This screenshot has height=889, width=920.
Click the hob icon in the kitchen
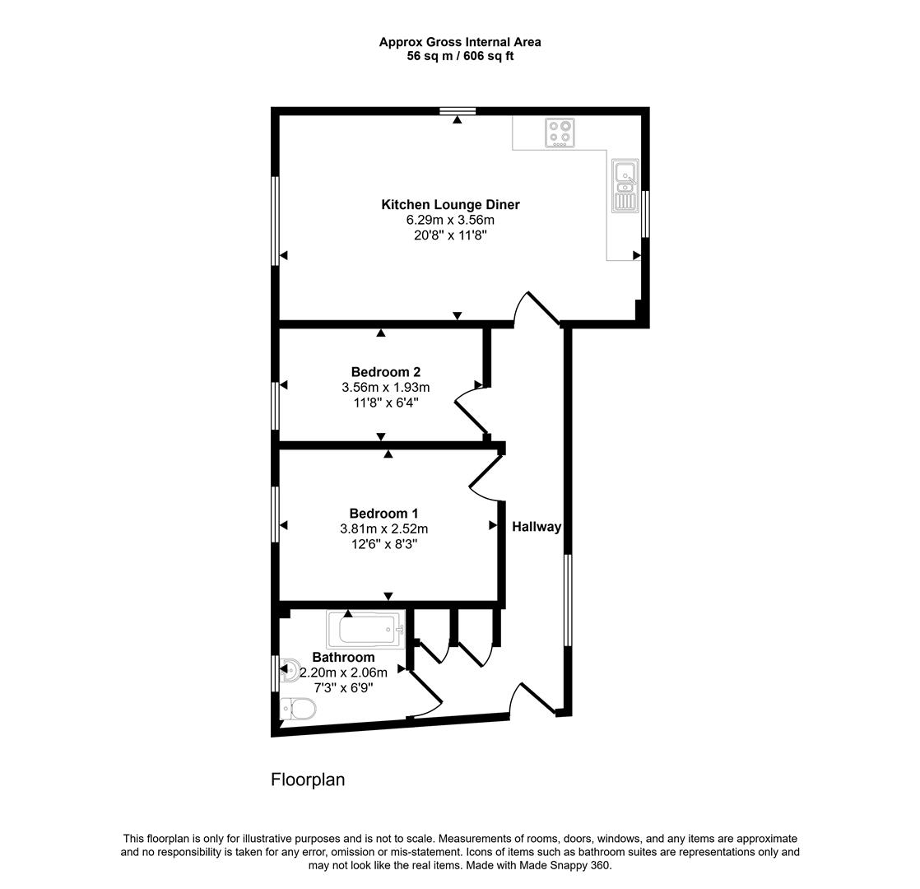pos(560,133)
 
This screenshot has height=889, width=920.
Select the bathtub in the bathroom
pos(365,631)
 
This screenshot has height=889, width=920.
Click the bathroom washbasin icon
pos(290,670)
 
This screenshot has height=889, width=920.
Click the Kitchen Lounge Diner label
pos(450,205)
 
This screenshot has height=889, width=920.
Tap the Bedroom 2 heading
pos(385,372)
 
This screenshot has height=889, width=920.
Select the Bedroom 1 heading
pos(383,514)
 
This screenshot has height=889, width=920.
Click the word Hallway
pos(537,527)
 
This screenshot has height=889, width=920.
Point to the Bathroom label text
pos(343,658)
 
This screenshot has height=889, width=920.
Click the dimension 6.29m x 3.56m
pos(450,221)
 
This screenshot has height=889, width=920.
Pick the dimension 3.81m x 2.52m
pos(383,529)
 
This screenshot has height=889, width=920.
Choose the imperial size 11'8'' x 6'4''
pos(385,403)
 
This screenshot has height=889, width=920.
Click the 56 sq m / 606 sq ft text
pos(460,56)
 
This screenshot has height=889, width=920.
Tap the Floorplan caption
pos(308,780)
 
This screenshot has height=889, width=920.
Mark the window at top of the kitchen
pos(458,111)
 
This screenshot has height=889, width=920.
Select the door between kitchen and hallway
pos(537,309)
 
